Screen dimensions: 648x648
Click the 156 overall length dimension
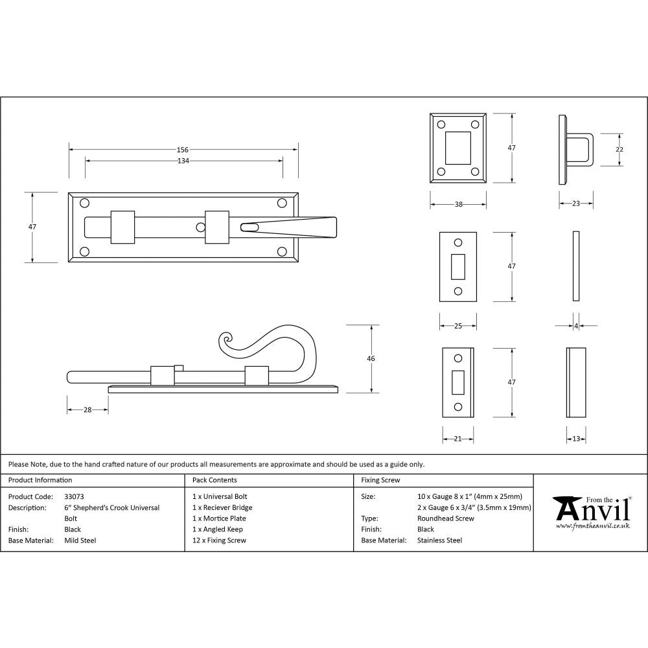(x=183, y=150)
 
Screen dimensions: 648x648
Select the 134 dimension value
(x=183, y=161)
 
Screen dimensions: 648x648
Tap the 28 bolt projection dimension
(x=87, y=410)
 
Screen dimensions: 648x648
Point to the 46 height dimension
(x=371, y=358)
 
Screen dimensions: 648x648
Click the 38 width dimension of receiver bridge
(x=458, y=204)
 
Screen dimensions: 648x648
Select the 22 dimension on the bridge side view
(x=619, y=150)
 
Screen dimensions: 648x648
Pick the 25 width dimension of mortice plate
(x=457, y=326)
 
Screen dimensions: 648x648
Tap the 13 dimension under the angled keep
(x=576, y=439)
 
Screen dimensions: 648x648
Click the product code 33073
(x=75, y=497)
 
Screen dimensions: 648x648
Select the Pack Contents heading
(x=214, y=480)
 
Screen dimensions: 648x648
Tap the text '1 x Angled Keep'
(x=218, y=529)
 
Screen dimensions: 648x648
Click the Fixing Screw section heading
(x=380, y=480)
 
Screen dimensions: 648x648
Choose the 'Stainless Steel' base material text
(x=440, y=540)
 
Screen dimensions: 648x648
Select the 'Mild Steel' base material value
(x=80, y=540)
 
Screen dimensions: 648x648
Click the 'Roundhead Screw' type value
(x=446, y=518)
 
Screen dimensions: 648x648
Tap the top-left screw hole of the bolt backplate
(x=84, y=203)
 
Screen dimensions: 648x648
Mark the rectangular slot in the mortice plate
(x=458, y=266)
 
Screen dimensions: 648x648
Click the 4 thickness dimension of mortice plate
(x=576, y=326)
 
